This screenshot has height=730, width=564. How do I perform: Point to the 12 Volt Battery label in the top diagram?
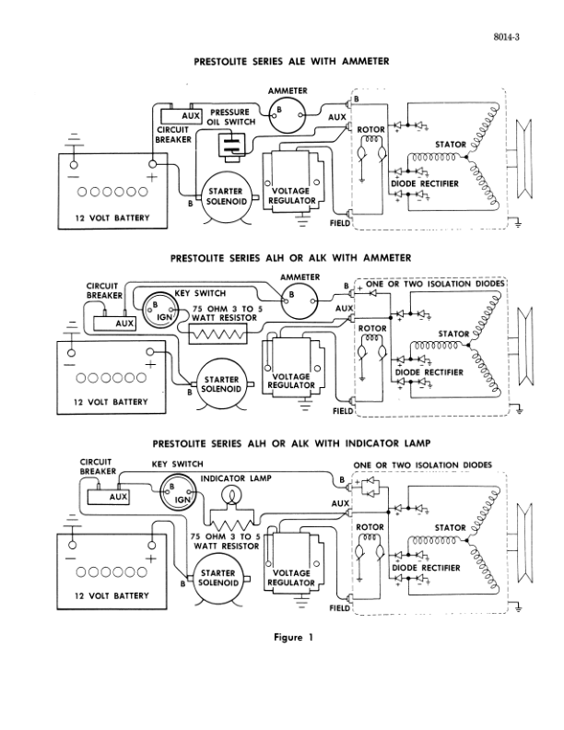(x=105, y=218)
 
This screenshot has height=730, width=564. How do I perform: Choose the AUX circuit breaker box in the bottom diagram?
(x=111, y=495)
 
